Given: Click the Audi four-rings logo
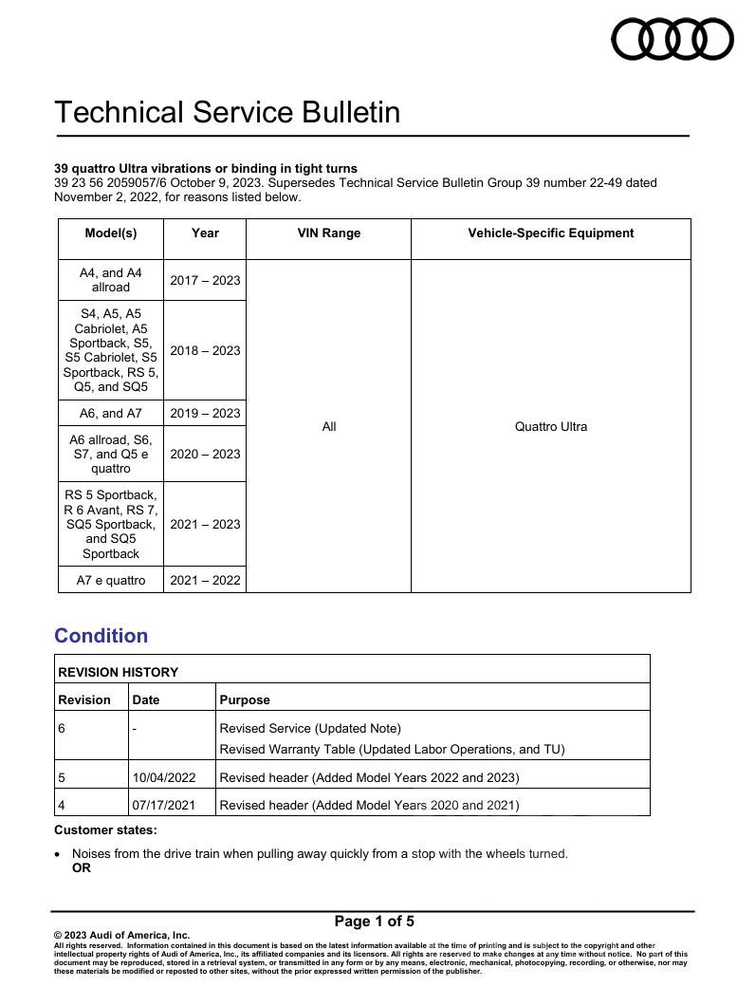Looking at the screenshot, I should (672, 39).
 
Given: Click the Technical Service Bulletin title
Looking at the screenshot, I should (227, 112).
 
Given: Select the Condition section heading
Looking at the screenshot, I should (101, 636).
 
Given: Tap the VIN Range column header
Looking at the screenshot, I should (328, 233).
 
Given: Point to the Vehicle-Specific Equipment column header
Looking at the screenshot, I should (550, 233).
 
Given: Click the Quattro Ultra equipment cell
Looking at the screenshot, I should (550, 426).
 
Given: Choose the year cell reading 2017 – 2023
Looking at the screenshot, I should (205, 280).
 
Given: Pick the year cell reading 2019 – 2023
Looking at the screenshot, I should (205, 413).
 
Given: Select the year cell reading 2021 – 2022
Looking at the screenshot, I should (205, 580).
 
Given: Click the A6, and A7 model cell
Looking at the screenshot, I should (111, 413).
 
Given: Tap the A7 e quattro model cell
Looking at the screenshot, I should (111, 580).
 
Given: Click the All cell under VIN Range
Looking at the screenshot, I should (328, 426).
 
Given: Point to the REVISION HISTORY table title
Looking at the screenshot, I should (119, 672).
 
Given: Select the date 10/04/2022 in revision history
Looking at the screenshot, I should (164, 777).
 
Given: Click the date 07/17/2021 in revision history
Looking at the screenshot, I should (164, 806).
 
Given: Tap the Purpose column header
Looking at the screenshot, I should (245, 699).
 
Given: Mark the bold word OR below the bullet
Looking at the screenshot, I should (82, 867).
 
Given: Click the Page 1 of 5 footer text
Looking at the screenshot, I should (374, 921).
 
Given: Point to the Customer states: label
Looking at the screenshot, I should (105, 829).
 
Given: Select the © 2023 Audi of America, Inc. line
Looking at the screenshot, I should (121, 935).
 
